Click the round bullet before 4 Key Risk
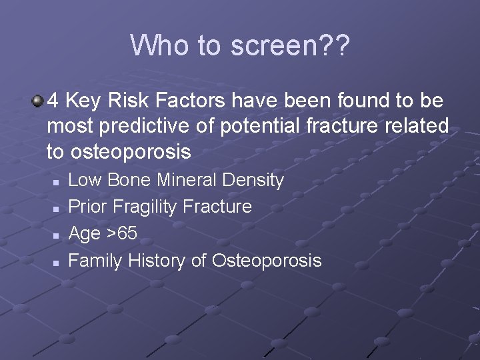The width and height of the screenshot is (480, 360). (37, 101)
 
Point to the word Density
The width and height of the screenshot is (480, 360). (254, 180)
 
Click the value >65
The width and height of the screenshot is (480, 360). (122, 233)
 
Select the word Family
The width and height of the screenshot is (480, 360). (95, 260)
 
